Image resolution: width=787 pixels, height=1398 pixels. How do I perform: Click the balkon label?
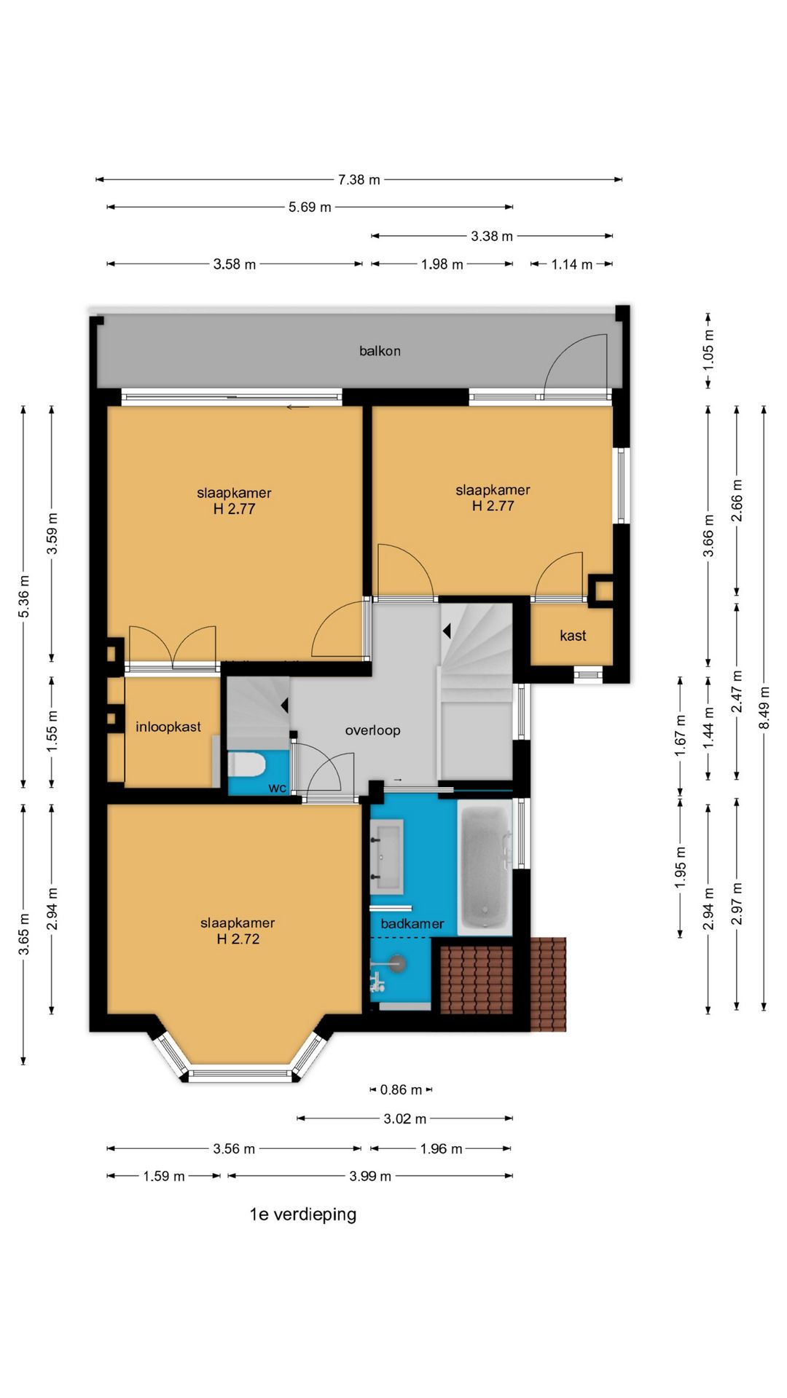pyautogui.click(x=380, y=351)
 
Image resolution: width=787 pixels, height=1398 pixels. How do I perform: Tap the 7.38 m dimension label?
pyautogui.click(x=359, y=180)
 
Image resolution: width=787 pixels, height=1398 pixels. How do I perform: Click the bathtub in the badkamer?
pyautogui.click(x=485, y=867)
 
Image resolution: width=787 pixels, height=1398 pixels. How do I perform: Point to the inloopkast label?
pyautogui.click(x=168, y=727)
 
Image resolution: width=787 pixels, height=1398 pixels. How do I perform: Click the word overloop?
pyautogui.click(x=372, y=730)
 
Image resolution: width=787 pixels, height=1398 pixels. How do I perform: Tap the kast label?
pyautogui.click(x=573, y=636)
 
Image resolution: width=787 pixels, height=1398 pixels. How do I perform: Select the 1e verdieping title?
pyautogui.click(x=303, y=1214)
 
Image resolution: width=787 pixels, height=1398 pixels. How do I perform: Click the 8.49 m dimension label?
pyautogui.click(x=764, y=708)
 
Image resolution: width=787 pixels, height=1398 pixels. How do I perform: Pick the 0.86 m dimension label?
pyautogui.click(x=401, y=1090)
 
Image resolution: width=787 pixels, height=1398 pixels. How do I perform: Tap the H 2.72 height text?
pyautogui.click(x=238, y=939)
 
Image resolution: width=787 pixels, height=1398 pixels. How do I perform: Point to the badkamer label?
pyautogui.click(x=412, y=924)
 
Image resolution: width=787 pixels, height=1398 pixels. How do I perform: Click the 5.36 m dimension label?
pyautogui.click(x=24, y=596)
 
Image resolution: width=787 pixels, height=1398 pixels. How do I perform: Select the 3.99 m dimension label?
pyautogui.click(x=370, y=1176)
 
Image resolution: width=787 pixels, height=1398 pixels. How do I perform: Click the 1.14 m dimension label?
pyautogui.click(x=572, y=264)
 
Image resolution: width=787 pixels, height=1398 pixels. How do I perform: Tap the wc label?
pyautogui.click(x=277, y=788)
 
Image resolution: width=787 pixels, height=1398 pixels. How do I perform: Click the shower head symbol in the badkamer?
pyautogui.click(x=394, y=963)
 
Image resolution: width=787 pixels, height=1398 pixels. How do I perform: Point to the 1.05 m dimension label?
pyautogui.click(x=708, y=349)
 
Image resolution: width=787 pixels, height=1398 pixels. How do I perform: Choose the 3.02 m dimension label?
pyautogui.click(x=405, y=1119)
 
